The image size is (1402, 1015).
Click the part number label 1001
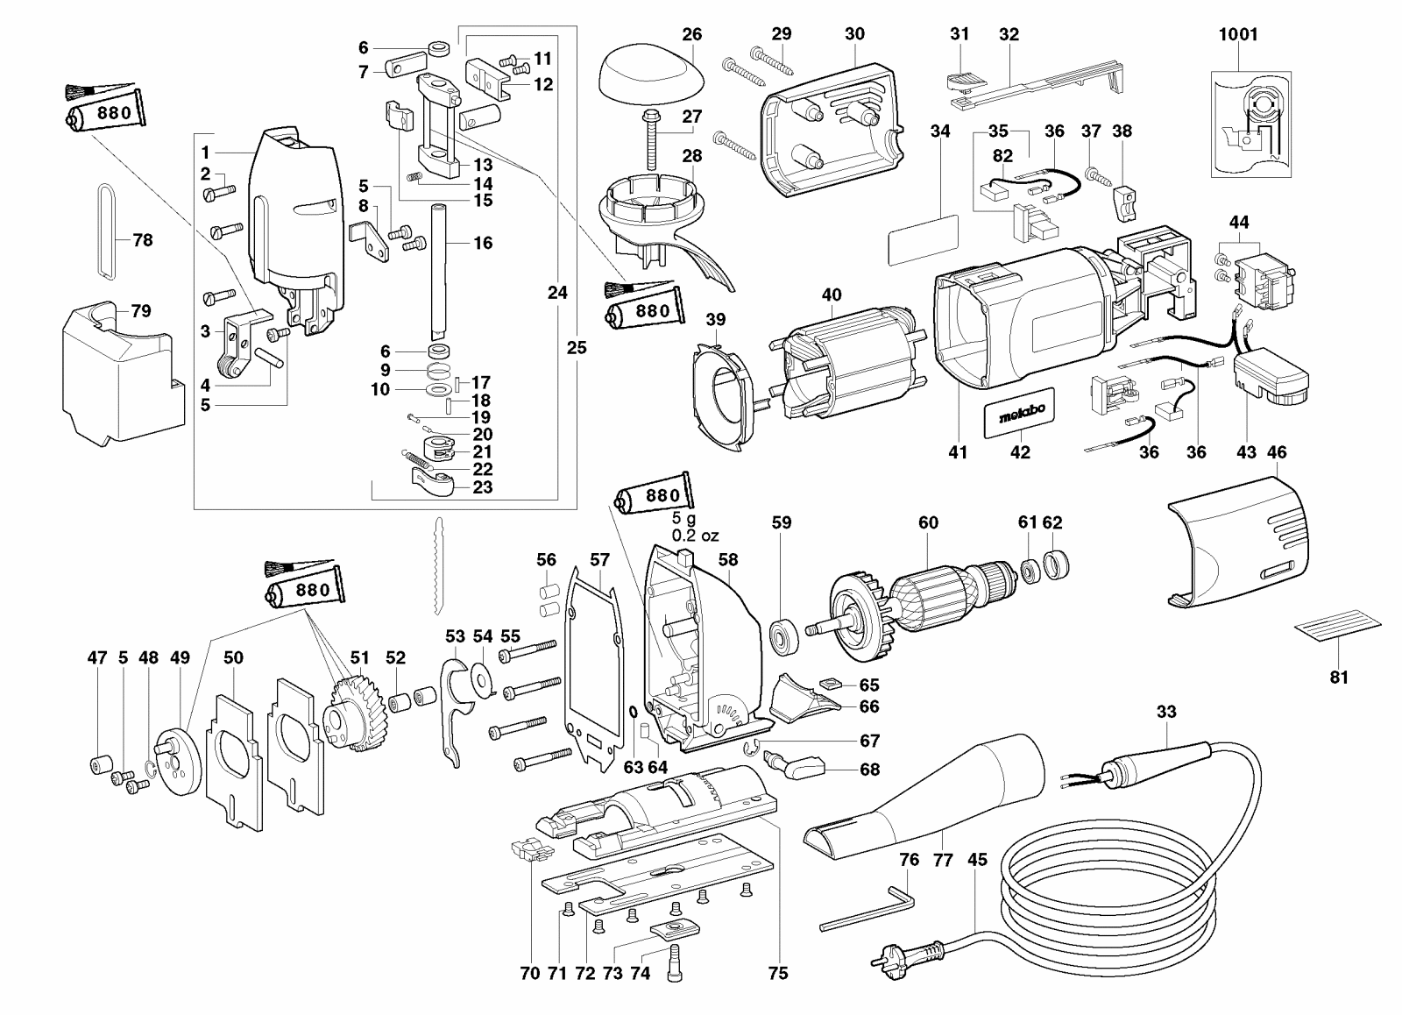pyautogui.click(x=1238, y=34)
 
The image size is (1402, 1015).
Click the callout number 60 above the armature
pyautogui.click(x=928, y=522)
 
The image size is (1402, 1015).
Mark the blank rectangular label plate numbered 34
pyautogui.click(x=923, y=236)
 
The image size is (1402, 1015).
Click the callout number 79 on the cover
pyautogui.click(x=140, y=311)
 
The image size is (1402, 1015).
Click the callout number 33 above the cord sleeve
pyautogui.click(x=1166, y=712)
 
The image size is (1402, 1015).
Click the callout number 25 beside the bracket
pyautogui.click(x=576, y=347)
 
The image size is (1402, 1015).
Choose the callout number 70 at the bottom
pyautogui.click(x=529, y=973)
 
